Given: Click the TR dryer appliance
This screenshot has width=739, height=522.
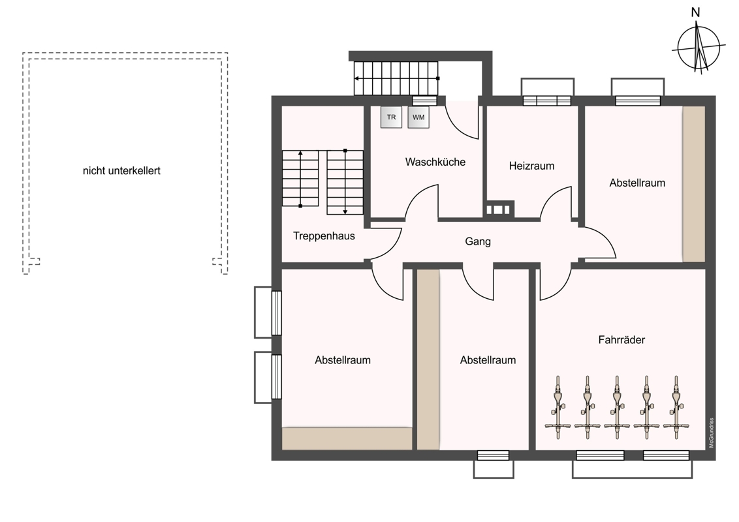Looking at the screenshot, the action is [x=391, y=117].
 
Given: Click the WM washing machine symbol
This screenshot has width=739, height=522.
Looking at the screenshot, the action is [x=418, y=117].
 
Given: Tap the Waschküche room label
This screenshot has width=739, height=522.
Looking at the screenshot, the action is [x=435, y=162].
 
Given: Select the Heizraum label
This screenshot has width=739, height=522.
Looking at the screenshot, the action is [x=531, y=166].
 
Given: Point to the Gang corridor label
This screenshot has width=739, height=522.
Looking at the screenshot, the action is [x=478, y=241].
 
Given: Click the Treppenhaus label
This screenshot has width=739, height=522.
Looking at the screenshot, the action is [x=324, y=236].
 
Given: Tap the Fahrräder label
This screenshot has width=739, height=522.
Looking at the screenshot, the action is [x=621, y=340].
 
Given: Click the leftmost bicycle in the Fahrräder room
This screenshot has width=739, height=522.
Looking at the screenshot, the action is [x=558, y=408].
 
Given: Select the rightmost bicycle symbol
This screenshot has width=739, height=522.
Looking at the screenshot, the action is [x=676, y=408].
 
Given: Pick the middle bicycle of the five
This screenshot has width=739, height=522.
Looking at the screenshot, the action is [x=617, y=408].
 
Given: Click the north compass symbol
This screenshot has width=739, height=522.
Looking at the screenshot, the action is [x=699, y=48].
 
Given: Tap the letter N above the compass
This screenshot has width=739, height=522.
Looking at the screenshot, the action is [x=696, y=12].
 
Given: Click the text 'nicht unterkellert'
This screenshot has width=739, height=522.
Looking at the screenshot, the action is [x=121, y=171].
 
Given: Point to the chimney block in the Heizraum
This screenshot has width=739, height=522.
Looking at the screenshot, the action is [x=499, y=209].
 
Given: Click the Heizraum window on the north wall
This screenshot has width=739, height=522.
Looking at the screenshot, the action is [x=547, y=101].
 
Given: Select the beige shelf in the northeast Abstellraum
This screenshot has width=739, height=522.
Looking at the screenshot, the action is [x=694, y=184].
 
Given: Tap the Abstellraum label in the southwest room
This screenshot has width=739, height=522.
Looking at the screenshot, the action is [x=343, y=360].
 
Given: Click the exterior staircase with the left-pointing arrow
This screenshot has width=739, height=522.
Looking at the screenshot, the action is [x=396, y=78].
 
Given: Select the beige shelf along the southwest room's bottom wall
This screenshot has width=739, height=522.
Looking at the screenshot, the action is [x=347, y=438].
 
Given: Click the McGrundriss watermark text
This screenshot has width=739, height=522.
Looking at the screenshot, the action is [x=712, y=433].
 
